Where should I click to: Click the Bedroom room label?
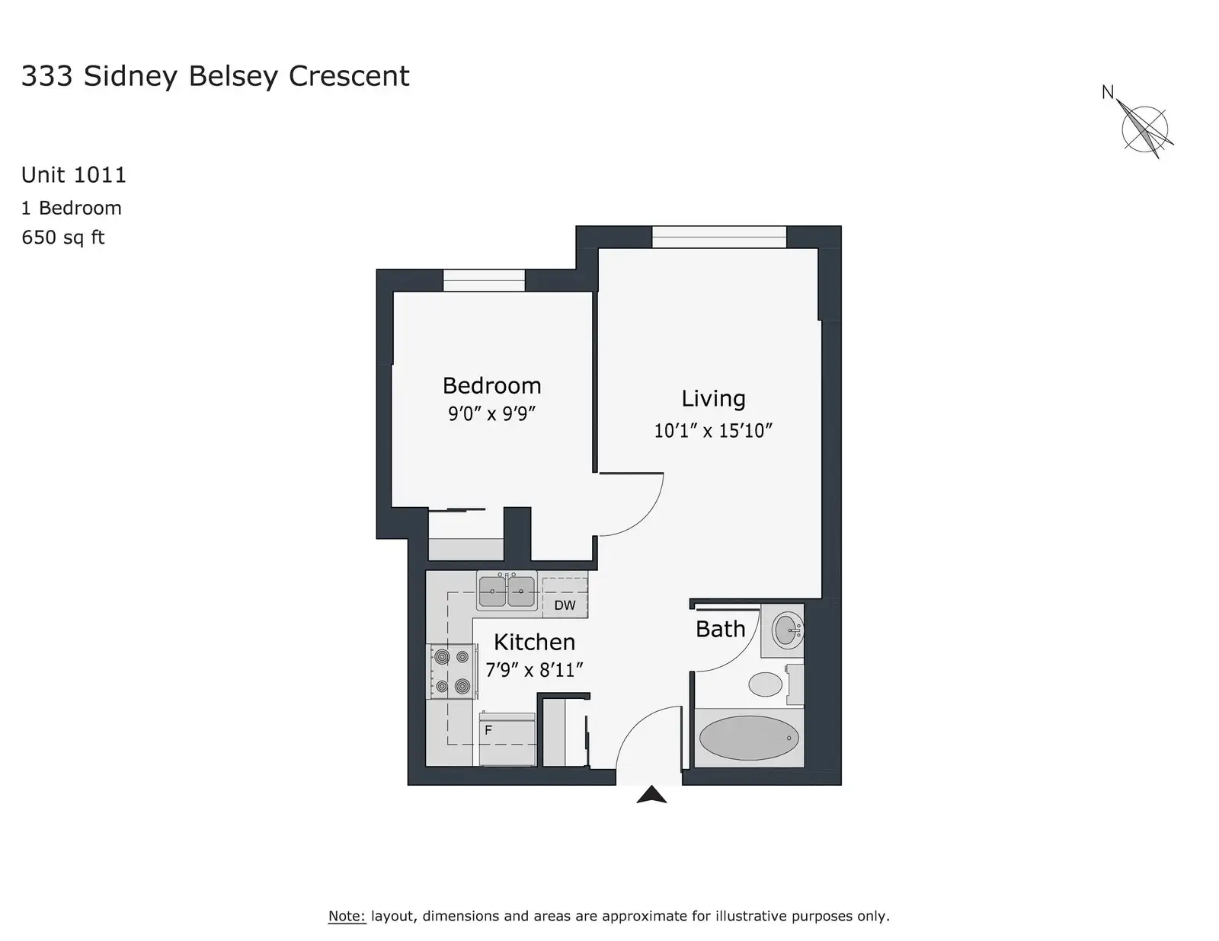tap(491, 385)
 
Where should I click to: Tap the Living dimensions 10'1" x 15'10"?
tap(713, 430)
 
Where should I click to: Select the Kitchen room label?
tap(534, 642)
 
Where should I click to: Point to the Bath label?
tap(720, 629)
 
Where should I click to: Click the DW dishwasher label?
tap(565, 605)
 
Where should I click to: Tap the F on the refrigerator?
tap(488, 730)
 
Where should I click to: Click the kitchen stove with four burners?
tap(452, 671)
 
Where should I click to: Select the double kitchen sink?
tap(507, 591)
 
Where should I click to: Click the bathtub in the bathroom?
tap(749, 738)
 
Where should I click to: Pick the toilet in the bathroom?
tap(775, 684)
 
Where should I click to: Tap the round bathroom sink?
tap(786, 630)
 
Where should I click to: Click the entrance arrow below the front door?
tap(651, 795)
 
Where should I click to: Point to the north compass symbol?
tap(1145, 129)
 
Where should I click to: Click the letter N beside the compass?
tap(1107, 92)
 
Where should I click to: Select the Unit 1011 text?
tap(73, 175)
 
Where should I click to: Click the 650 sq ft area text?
tap(62, 237)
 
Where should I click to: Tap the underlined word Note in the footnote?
tap(347, 916)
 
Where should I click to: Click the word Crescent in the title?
tap(349, 76)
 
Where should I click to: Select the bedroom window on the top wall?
tap(484, 280)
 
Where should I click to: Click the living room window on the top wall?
tap(718, 237)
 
